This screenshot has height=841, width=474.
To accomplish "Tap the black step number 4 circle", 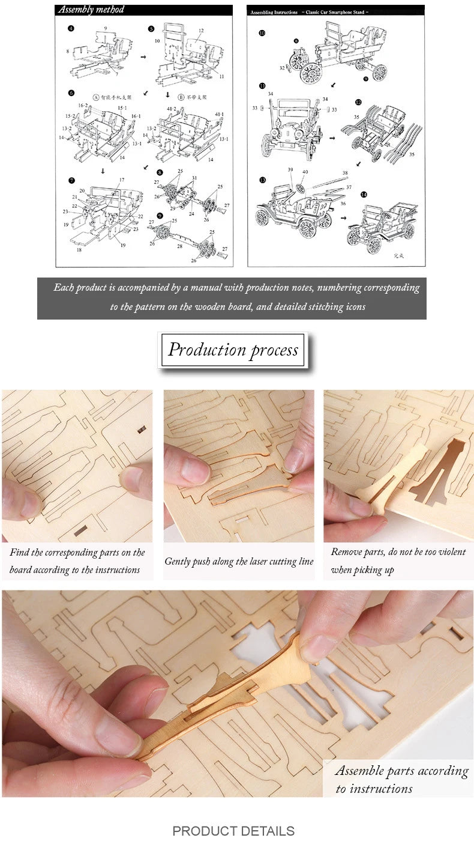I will tap(71, 28).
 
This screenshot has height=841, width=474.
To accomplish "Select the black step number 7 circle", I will tap(71, 180).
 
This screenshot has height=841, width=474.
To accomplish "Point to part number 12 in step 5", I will tap(201, 31).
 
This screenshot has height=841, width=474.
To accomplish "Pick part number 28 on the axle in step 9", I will tap(179, 246).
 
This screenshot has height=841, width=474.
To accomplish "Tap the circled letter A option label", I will tap(95, 96).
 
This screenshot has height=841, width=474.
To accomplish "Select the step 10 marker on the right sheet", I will tap(262, 33).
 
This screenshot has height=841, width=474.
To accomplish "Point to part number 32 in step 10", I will tap(281, 68).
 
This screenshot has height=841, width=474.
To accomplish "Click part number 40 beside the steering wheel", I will tap(305, 172).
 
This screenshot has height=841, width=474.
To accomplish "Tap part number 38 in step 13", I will tap(344, 173).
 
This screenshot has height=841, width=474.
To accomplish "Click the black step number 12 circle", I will tap(358, 102).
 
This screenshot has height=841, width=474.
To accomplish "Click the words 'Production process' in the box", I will tap(233, 350).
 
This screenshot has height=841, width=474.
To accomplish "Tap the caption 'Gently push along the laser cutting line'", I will tap(239, 562).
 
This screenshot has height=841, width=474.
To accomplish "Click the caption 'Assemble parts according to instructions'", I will tap(401, 779).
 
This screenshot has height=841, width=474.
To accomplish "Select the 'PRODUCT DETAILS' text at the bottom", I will tap(233, 831).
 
